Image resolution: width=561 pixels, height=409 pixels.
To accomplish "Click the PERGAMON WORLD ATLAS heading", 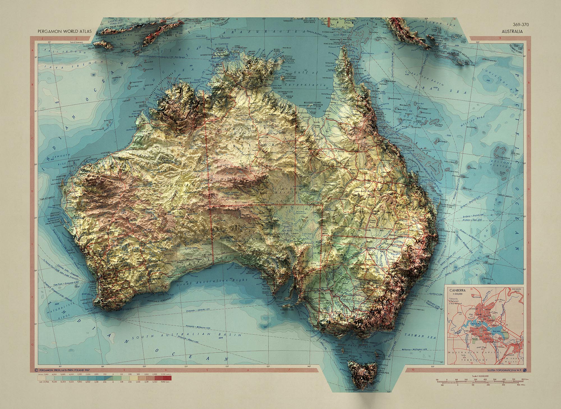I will (65, 31).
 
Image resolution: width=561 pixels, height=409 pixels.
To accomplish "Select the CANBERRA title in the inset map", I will (457, 290).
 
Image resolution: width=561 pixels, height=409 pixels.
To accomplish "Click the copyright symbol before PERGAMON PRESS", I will (35, 370).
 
